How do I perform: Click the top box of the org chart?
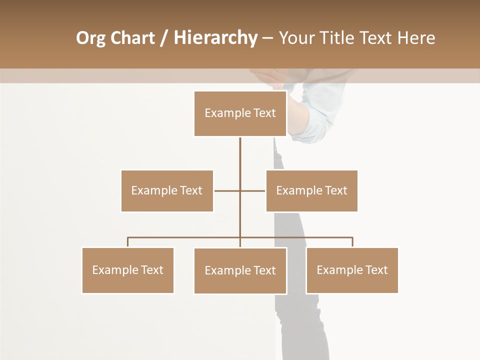(240, 113)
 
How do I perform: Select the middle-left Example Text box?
(167, 190)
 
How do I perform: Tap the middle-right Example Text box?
(311, 190)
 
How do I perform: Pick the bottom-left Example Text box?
(128, 270)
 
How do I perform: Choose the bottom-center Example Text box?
(240, 270)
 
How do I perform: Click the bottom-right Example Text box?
(352, 270)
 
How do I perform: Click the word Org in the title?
(90, 38)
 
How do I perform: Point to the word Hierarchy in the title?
(215, 38)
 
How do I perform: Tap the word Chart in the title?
(132, 38)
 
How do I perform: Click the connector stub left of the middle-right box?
(253, 190)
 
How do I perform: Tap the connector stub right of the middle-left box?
(226, 190)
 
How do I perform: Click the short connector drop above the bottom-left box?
(128, 242)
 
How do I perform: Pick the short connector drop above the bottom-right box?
(352, 242)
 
